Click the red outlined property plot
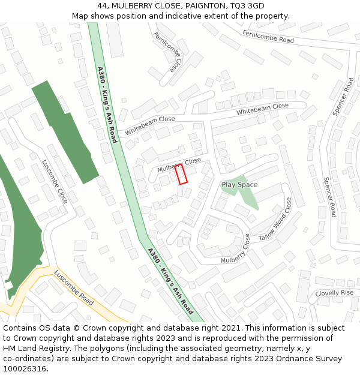click(181, 174)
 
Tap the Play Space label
click(239, 185)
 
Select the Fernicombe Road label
click(268, 36)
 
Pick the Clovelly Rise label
click(334, 293)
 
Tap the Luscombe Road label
click(74, 287)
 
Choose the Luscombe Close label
click(55, 181)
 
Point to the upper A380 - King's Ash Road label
click(107, 104)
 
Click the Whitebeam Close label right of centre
click(262, 109)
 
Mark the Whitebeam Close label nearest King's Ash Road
click(150, 125)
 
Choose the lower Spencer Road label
click(329, 197)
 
